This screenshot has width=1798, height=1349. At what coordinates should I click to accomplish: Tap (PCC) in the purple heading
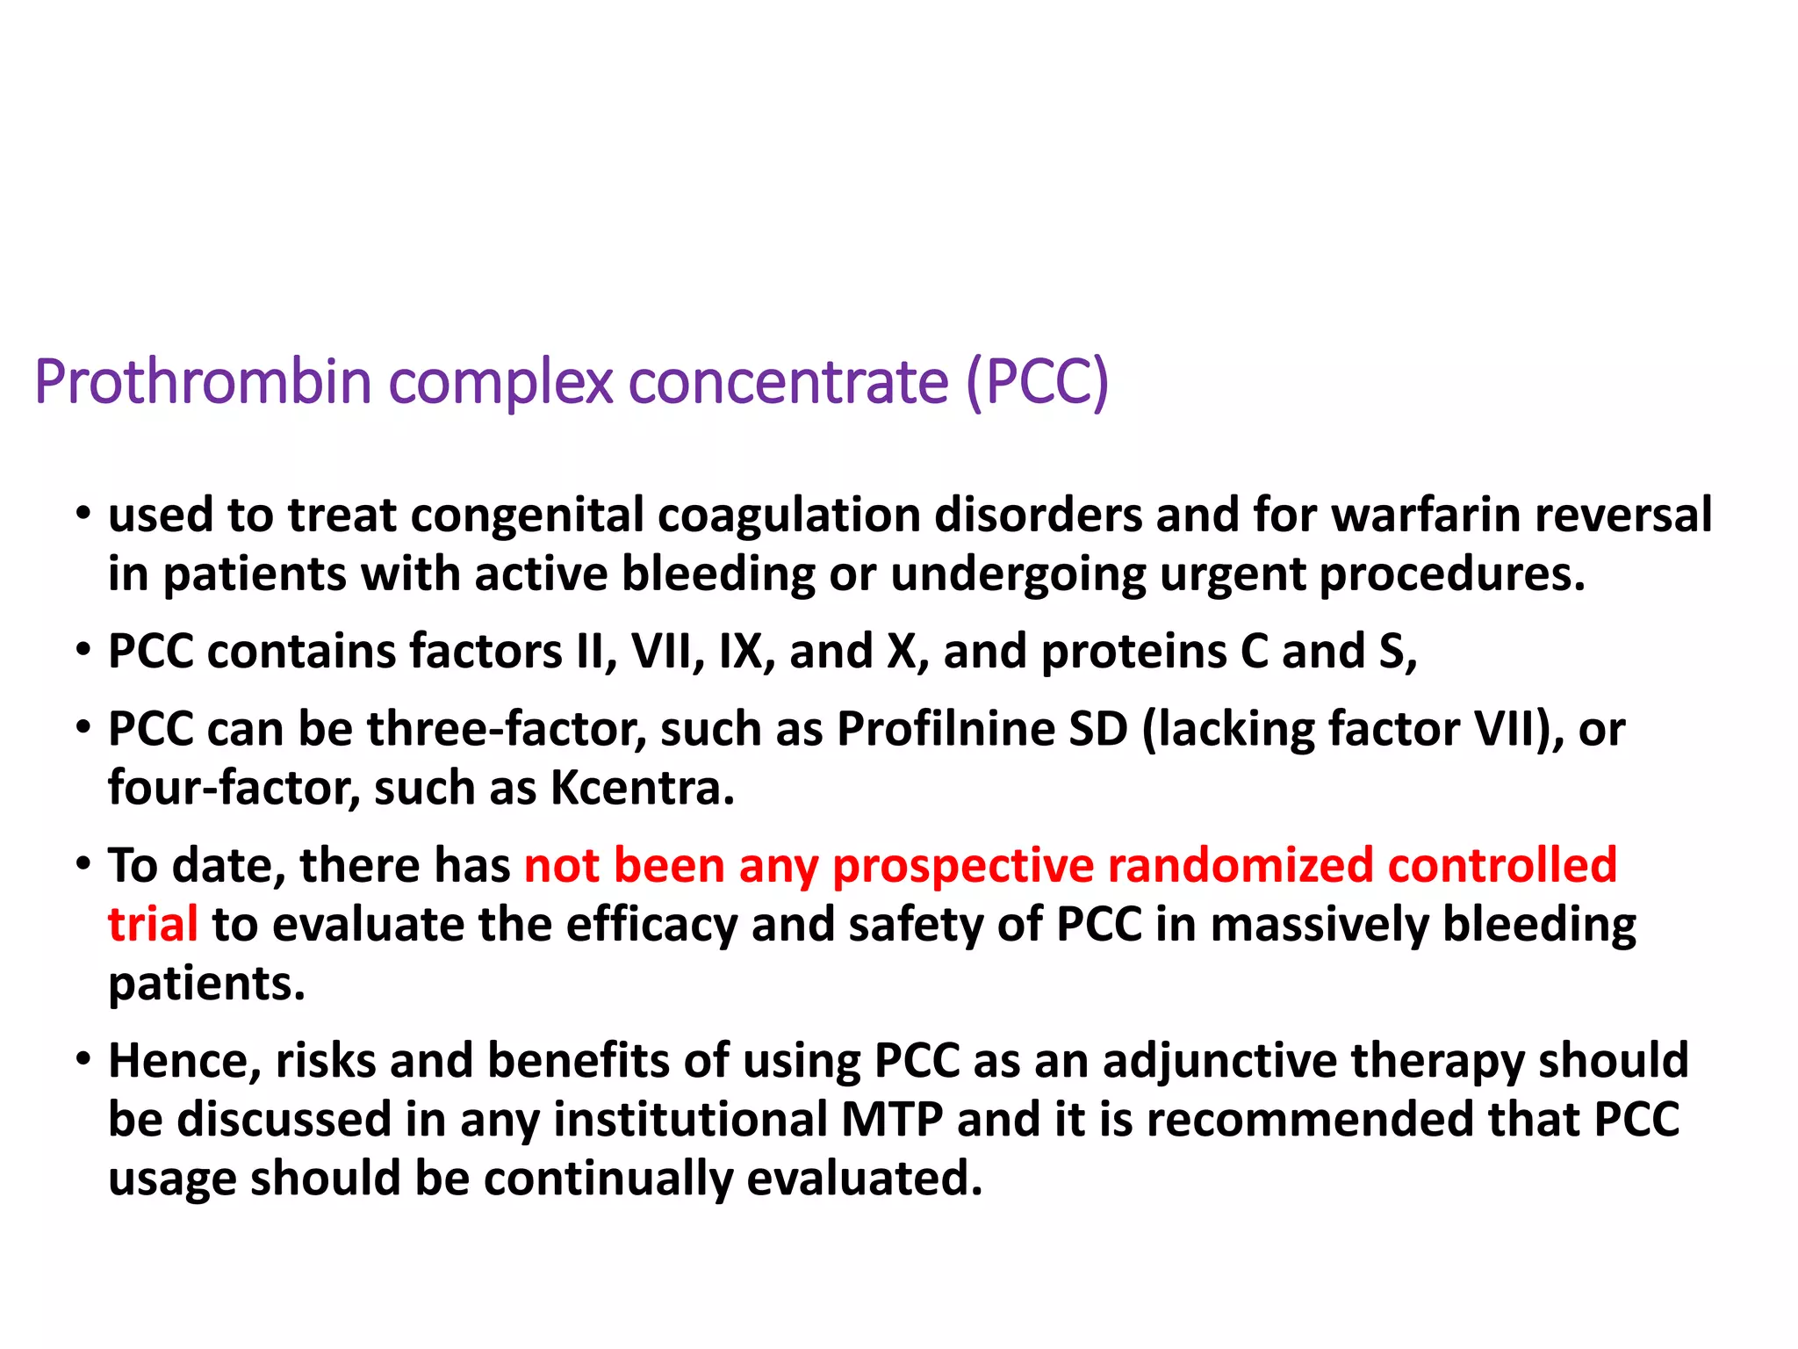pyautogui.click(x=1037, y=383)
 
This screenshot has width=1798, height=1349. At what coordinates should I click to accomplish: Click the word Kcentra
pyautogui.click(x=642, y=788)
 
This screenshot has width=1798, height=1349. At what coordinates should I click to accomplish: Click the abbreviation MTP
pyautogui.click(x=892, y=1120)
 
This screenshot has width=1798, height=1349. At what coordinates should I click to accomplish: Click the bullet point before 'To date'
pyautogui.click(x=83, y=864)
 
